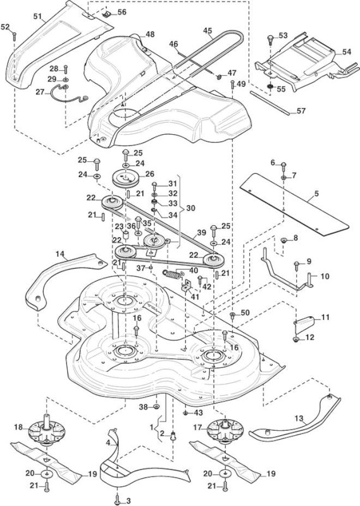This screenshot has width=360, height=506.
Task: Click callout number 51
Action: pos(39,16)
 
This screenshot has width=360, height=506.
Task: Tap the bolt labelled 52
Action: pos(14,36)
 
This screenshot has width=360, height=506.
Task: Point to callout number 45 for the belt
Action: pos(208,30)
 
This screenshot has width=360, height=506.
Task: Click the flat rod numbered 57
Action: pos(270,102)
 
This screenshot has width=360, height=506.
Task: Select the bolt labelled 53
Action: pos(271,40)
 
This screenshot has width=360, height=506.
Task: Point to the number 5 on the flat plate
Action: pos(316,194)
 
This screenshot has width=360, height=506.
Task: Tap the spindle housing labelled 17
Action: pos(223,431)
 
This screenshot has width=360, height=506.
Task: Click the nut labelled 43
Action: pos(185,413)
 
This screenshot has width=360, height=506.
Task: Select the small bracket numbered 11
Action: pos(304,325)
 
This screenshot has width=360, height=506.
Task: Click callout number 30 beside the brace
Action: pos(191,208)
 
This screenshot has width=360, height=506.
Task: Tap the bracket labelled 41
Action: pos(187,287)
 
